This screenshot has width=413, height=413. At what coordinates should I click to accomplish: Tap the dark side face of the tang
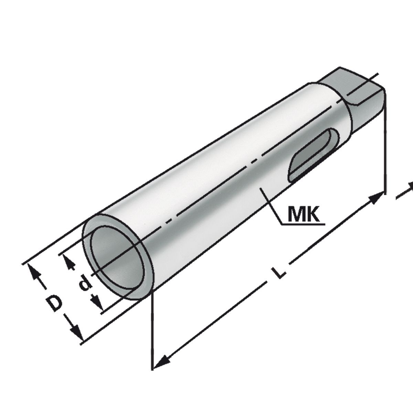coord(370,110)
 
